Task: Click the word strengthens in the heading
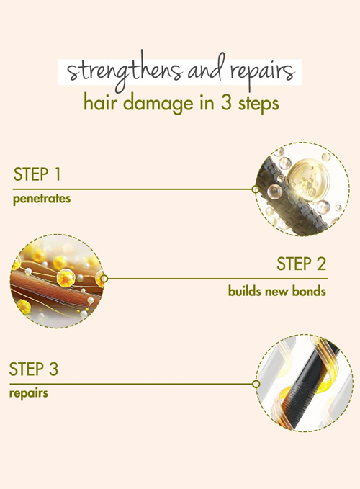point(125,71)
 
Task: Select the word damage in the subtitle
point(160,104)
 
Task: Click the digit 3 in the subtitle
point(226,103)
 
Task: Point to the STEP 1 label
point(37,174)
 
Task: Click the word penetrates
point(42,199)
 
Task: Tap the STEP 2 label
point(301,264)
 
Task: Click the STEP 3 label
point(34,369)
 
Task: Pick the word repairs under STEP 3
point(29,393)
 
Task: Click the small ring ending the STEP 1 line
point(256,189)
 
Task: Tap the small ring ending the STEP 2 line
point(104,278)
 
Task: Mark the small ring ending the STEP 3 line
point(256,384)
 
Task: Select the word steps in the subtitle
point(258,104)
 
